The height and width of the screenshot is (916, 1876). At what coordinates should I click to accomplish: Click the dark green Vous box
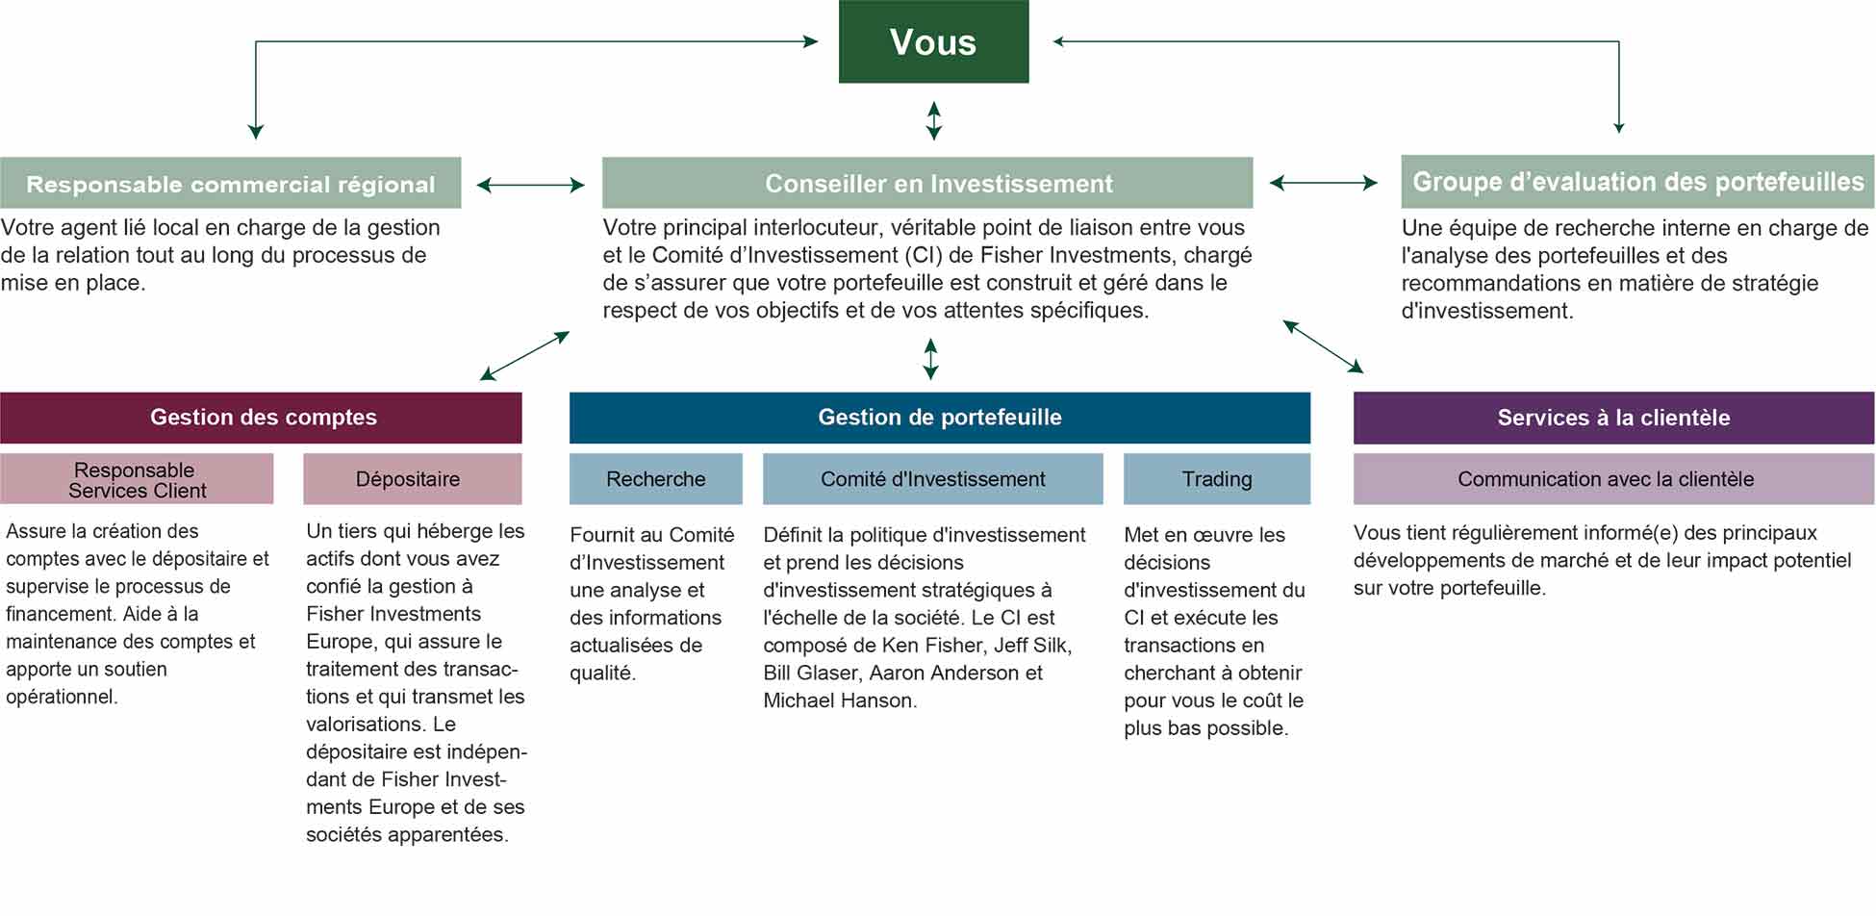click(x=933, y=41)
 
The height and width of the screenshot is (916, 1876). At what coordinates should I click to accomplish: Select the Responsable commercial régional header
click(x=231, y=183)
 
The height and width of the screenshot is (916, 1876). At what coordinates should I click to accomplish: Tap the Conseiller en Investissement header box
click(x=927, y=183)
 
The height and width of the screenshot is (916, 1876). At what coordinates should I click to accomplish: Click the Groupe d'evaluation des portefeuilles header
click(x=1637, y=182)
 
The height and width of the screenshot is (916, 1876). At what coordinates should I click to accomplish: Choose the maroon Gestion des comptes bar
click(x=261, y=418)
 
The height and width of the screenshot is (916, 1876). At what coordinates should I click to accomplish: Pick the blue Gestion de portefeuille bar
click(x=940, y=418)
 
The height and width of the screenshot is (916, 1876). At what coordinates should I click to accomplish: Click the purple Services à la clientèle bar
click(x=1614, y=418)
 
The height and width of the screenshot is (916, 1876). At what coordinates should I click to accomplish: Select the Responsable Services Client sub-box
click(x=137, y=479)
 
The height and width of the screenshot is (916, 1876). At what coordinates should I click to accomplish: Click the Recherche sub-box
click(x=656, y=479)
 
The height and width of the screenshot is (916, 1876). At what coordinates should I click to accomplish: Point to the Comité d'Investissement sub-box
click(x=933, y=479)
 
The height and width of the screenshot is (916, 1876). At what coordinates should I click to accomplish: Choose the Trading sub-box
click(x=1217, y=479)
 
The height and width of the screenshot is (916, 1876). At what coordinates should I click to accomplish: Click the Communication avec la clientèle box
click(x=1614, y=479)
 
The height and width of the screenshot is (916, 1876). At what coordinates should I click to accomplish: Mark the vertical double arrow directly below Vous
click(x=933, y=121)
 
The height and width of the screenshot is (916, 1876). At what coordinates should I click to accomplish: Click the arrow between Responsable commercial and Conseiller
click(x=531, y=185)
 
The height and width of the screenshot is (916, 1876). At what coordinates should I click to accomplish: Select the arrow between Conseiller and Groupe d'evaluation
click(x=1324, y=183)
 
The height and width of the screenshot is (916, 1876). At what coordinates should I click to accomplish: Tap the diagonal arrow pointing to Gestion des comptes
click(x=525, y=356)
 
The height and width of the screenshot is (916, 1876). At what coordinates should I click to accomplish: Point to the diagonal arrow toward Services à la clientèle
click(x=1324, y=346)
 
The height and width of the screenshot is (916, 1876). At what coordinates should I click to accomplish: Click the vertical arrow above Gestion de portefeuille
click(x=930, y=359)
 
